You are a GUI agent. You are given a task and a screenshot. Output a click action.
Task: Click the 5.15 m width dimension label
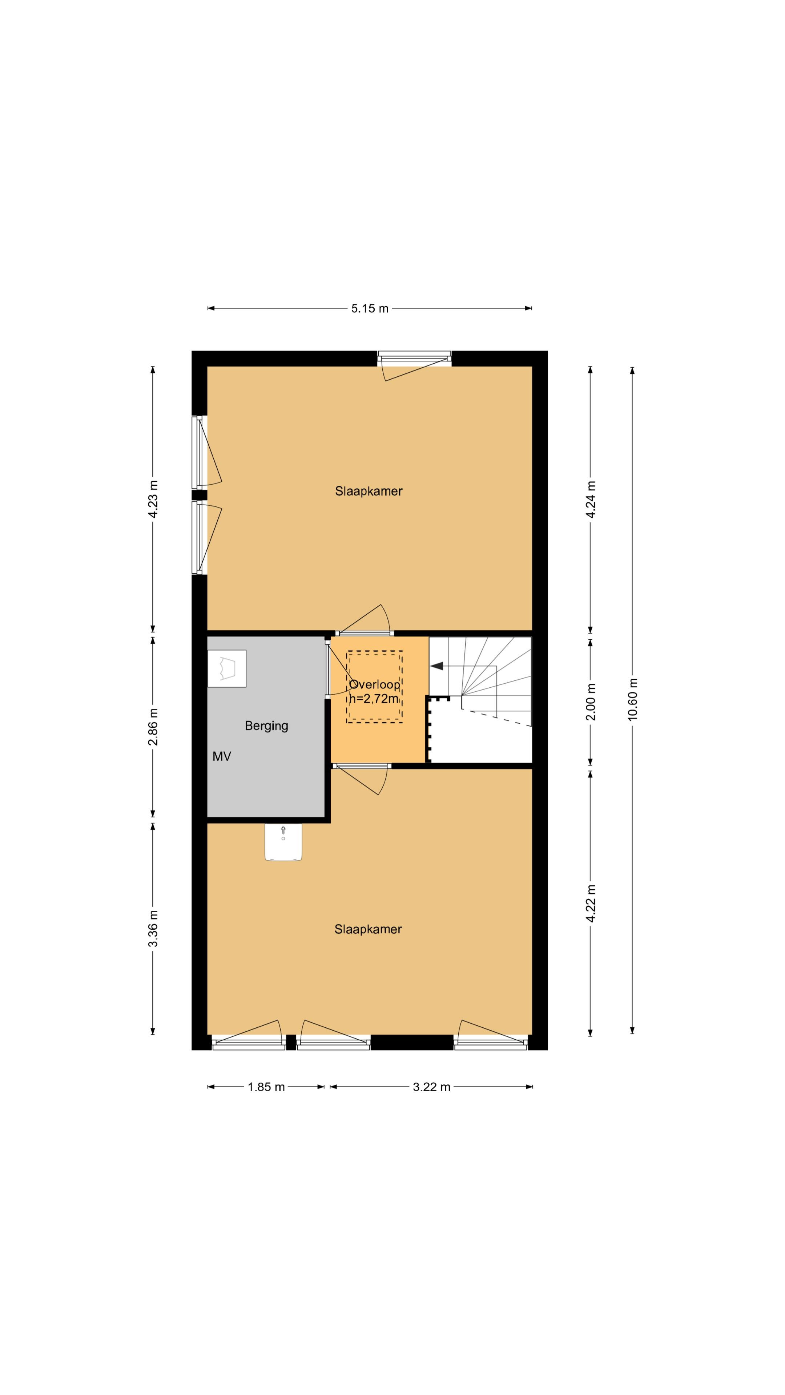pos(370,309)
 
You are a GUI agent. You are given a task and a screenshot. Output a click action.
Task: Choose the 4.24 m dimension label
pos(591,499)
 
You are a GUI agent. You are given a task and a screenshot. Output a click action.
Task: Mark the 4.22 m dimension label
pos(591,903)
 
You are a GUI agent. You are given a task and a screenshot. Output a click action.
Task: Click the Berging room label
pos(266,726)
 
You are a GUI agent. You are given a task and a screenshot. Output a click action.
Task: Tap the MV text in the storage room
pos(222,756)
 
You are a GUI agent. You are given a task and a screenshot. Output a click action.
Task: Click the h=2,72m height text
pos(374,699)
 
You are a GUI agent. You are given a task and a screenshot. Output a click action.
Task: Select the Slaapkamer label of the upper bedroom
pos(369,491)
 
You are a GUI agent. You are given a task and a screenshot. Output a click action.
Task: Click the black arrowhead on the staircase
pos(436,666)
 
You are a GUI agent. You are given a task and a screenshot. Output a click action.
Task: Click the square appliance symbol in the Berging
pos(227,668)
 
